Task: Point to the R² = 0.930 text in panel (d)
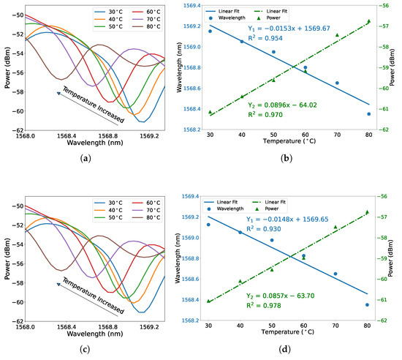(274, 228)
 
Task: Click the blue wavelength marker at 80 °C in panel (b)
(368, 114)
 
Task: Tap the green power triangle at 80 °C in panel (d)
(368, 212)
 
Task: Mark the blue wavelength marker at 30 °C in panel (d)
(210, 225)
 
